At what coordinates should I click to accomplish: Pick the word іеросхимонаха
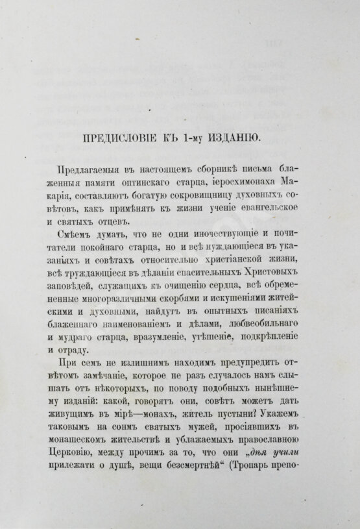tap(240, 180)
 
